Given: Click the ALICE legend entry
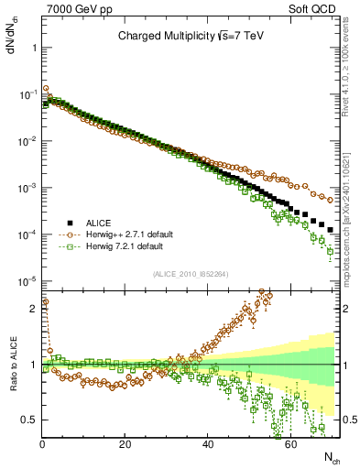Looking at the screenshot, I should pos(101,223).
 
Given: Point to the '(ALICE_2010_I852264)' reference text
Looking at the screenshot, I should pos(191,274).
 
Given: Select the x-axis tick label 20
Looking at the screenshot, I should pos(125,443).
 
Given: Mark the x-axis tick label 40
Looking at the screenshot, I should pos(208,443).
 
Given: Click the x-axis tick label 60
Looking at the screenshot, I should pos(290,443).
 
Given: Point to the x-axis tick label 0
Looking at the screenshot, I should pos(42,443).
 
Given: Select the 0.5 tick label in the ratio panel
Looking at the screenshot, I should pos(28,420).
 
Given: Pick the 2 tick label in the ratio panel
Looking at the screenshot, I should pos(32,309).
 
